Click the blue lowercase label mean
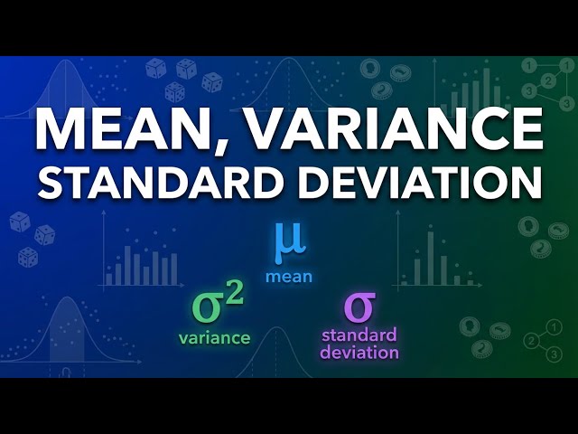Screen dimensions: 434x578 tap(289, 277)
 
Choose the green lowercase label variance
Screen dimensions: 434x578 tap(215, 338)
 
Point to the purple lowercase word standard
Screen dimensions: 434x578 tap(359, 337)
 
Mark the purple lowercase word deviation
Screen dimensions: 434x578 tap(359, 353)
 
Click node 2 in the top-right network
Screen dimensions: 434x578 tap(547, 80)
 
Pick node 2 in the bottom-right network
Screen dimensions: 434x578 tap(532, 341)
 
